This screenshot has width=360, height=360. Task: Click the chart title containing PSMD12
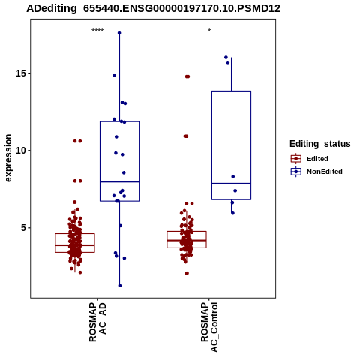pyautogui.click(x=154, y=8)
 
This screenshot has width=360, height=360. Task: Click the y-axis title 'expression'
pyautogui.click(x=8, y=158)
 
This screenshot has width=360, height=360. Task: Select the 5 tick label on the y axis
pyautogui.click(x=24, y=228)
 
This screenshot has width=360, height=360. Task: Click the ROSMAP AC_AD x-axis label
pyautogui.click(x=97, y=322)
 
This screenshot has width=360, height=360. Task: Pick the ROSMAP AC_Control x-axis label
pyautogui.click(x=209, y=327)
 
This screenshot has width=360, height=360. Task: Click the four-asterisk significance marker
pyautogui.click(x=97, y=31)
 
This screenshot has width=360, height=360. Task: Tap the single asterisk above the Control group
pyautogui.click(x=209, y=31)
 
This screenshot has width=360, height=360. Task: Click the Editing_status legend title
pyautogui.click(x=320, y=144)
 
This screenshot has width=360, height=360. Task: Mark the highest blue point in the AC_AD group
pyautogui.click(x=119, y=33)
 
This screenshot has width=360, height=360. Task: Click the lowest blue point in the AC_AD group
pyautogui.click(x=120, y=286)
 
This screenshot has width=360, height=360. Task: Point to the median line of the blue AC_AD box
pyautogui.click(x=119, y=181)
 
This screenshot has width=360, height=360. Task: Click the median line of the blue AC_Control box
pyautogui.click(x=231, y=184)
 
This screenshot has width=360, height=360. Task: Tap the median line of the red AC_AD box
pyautogui.click(x=75, y=245)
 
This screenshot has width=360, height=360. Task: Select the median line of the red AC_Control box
pyautogui.click(x=187, y=240)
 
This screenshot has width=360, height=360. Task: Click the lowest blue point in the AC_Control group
pyautogui.click(x=232, y=213)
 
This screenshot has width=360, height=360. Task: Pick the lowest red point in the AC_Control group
pyautogui.click(x=187, y=273)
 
